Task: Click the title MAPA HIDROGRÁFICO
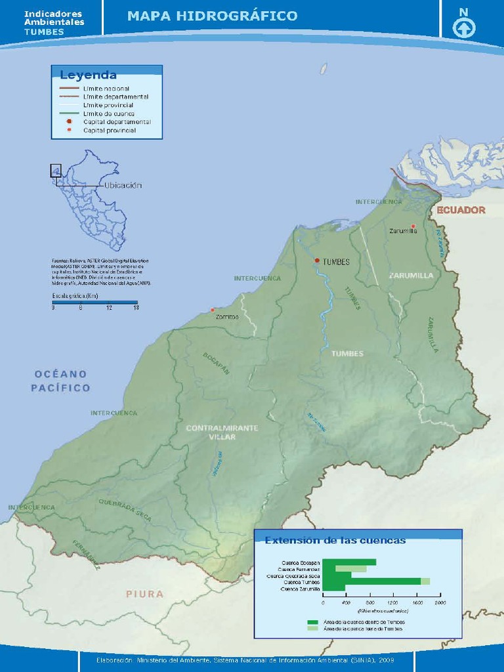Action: (x=212, y=16)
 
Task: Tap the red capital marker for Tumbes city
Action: (x=317, y=261)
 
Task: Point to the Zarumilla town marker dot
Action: (x=413, y=226)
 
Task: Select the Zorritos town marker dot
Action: (x=212, y=310)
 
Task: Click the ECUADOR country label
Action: (x=461, y=210)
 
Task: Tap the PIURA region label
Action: (x=144, y=594)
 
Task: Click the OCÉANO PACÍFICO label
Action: (x=60, y=381)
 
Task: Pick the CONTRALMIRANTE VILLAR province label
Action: (x=222, y=432)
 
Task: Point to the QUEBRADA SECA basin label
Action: (x=125, y=510)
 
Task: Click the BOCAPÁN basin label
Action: (x=216, y=363)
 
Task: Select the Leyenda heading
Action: (x=88, y=75)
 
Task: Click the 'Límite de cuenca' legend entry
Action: (x=108, y=114)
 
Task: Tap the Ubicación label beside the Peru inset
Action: (x=123, y=185)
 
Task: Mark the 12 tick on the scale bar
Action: (x=109, y=308)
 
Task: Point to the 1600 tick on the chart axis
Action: (x=416, y=602)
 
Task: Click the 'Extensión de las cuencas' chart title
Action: (x=335, y=541)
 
